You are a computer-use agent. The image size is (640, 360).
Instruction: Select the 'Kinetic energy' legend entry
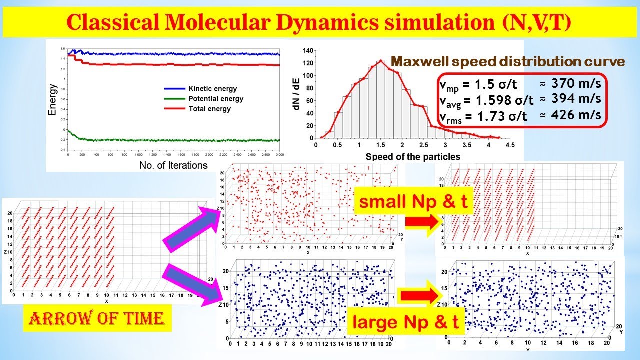213,89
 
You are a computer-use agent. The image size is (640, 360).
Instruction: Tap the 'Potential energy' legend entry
216,99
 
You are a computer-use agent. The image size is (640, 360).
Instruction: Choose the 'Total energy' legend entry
210,108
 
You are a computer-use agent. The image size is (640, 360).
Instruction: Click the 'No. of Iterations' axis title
173,165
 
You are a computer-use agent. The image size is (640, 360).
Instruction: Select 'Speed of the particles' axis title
413,157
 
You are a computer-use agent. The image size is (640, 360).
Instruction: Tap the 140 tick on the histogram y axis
308,50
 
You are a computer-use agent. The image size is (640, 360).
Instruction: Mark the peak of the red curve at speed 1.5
380,61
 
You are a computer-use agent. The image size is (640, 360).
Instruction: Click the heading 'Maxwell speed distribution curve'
507,61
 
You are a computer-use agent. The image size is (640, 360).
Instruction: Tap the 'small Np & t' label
413,202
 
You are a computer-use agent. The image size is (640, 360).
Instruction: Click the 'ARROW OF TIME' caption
97,318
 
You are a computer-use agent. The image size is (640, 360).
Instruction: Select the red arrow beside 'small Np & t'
422,223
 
